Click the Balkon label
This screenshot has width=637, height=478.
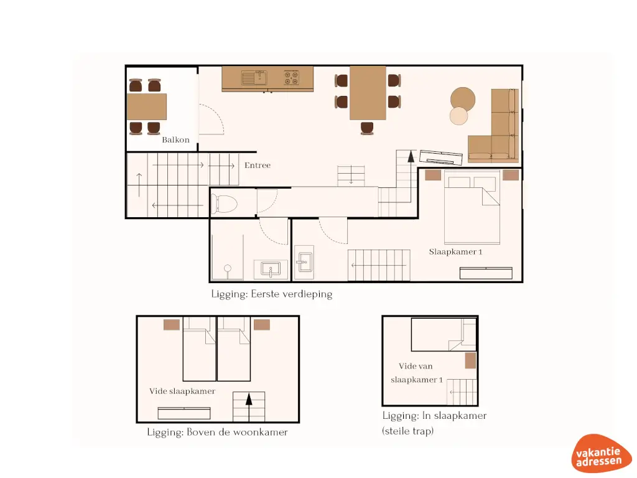[175, 140]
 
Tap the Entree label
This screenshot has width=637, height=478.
[257, 166]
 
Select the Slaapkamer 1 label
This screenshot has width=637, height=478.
[455, 252]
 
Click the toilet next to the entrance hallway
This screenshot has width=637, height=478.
[225, 203]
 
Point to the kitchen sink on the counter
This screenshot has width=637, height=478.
[253, 78]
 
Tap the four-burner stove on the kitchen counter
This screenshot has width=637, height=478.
[291, 78]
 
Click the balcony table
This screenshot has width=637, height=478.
[147, 106]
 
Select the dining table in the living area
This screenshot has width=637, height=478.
[368, 92]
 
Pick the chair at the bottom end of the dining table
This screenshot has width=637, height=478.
[368, 128]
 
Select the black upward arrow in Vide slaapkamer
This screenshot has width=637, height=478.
[249, 399]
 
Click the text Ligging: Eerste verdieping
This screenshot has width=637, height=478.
[271, 294]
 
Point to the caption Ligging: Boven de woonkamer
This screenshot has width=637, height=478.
[217, 432]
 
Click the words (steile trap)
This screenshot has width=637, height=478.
[407, 430]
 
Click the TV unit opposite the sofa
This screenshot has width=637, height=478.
[441, 156]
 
